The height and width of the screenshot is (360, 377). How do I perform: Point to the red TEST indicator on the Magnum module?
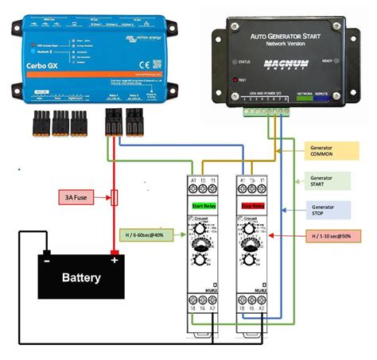pos(234,80)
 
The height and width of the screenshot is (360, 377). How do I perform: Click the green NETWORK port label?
pos(304,93)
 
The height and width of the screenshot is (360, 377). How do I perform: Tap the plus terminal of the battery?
pos(114,259)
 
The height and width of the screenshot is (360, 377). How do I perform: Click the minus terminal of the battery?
pos(48,259)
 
